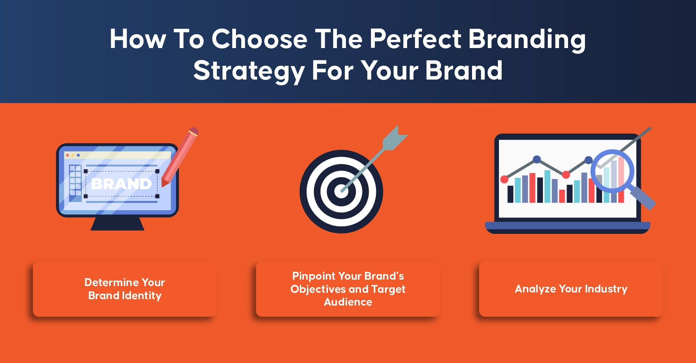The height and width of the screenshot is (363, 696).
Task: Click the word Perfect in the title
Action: (x=415, y=39)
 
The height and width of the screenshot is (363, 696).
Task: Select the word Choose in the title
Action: (x=259, y=39)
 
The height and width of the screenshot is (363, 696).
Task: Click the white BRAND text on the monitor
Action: (x=121, y=184)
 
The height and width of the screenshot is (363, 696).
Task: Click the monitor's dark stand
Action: (x=117, y=223)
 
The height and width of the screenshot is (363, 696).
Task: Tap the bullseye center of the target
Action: (x=341, y=191)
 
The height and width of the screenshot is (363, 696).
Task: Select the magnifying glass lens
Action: (x=612, y=171)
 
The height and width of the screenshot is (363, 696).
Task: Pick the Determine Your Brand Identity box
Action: (x=125, y=289)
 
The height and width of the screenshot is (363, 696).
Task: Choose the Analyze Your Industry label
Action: (x=571, y=289)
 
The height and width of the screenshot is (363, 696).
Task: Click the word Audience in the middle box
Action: (x=348, y=302)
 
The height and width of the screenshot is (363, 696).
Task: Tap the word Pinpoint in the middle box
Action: (x=314, y=276)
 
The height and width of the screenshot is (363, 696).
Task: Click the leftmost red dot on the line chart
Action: (x=504, y=179)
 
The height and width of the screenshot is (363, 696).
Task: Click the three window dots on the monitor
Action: (x=73, y=155)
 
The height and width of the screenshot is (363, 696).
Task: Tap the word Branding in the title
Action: (x=527, y=39)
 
